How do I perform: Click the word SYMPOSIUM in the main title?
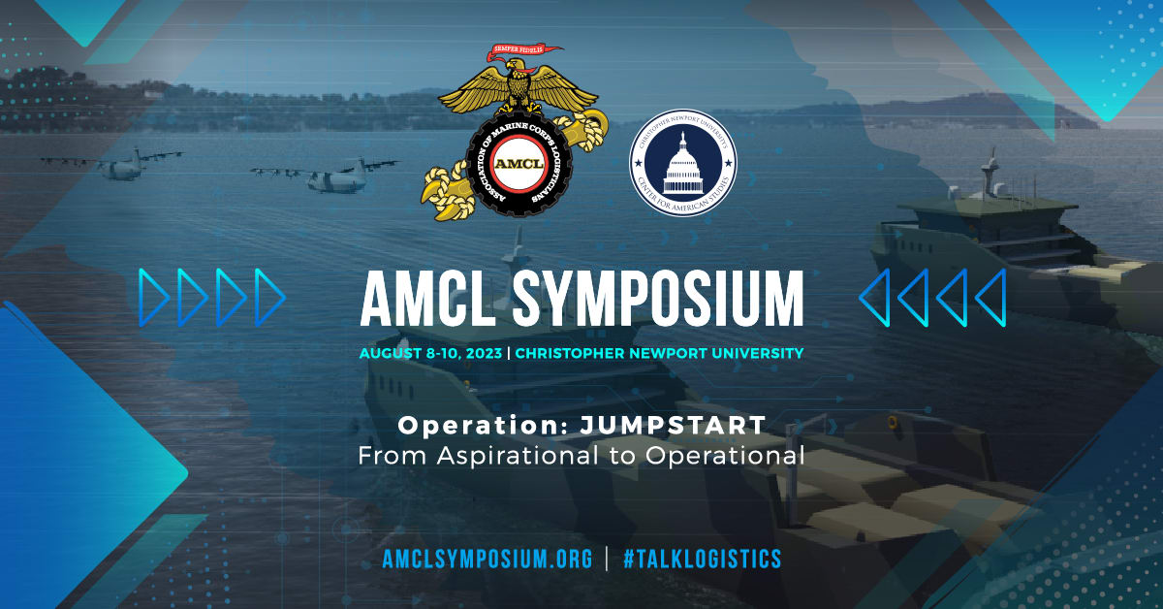point(658,299)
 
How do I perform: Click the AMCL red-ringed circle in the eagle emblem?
point(519,164)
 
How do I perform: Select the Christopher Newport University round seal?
point(683,163)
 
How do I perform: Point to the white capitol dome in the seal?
point(683,164)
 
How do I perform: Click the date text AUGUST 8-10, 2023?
point(431,353)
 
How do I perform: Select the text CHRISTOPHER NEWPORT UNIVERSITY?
point(659,353)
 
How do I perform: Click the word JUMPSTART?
point(673,426)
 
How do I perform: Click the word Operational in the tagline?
point(725,456)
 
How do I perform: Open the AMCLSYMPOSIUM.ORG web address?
point(487,560)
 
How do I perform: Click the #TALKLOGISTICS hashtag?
point(702,560)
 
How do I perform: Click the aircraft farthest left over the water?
point(113,164)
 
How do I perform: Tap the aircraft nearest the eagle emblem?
point(328,175)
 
